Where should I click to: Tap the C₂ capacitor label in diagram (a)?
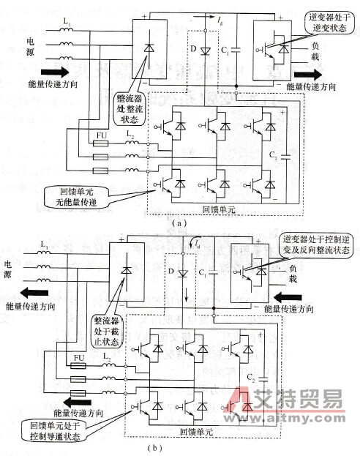274,157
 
